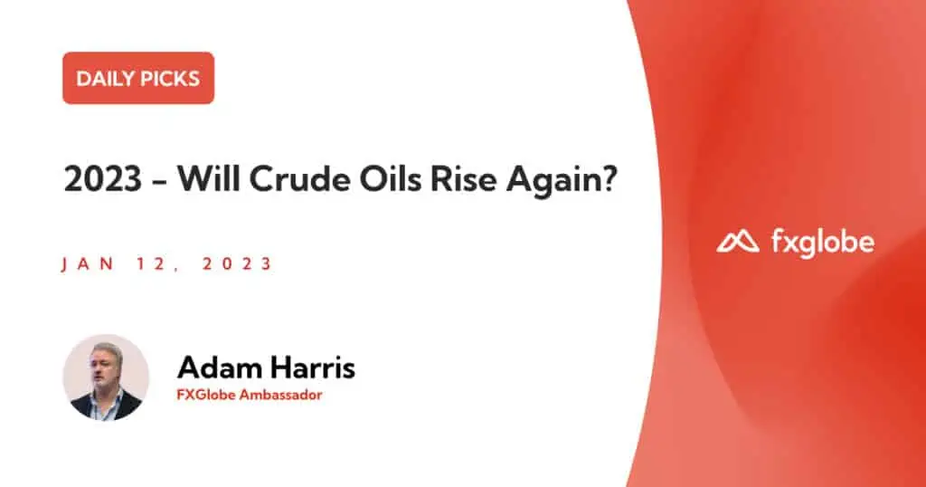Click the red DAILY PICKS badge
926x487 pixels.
138,78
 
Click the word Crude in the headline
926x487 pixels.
299,178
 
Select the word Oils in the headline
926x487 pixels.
391,178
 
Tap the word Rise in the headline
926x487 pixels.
464,178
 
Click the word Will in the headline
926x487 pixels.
209,178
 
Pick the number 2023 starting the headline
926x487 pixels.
103,178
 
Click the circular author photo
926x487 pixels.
107,377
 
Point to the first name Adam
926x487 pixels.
219,367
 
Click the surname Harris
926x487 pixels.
312,367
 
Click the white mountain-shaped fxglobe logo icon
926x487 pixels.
738,241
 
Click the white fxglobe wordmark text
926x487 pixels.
823,243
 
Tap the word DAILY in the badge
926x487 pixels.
102,79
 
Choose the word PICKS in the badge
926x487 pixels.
167,79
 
